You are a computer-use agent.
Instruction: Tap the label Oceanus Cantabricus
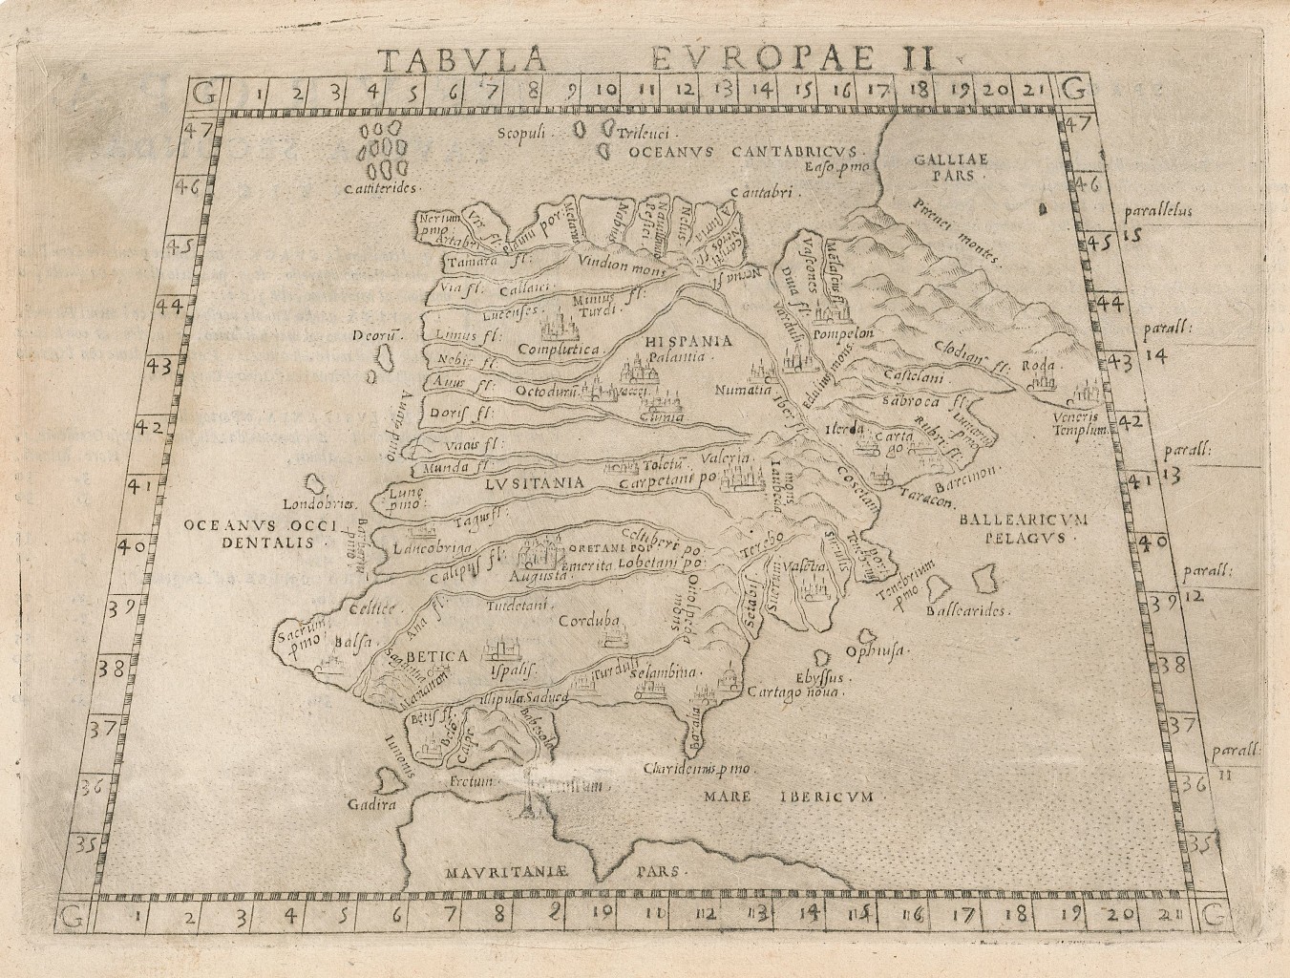point(747,151)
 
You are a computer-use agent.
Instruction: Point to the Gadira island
point(390,783)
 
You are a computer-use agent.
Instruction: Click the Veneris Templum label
point(1080,425)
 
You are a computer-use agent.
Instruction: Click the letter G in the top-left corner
point(201,92)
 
